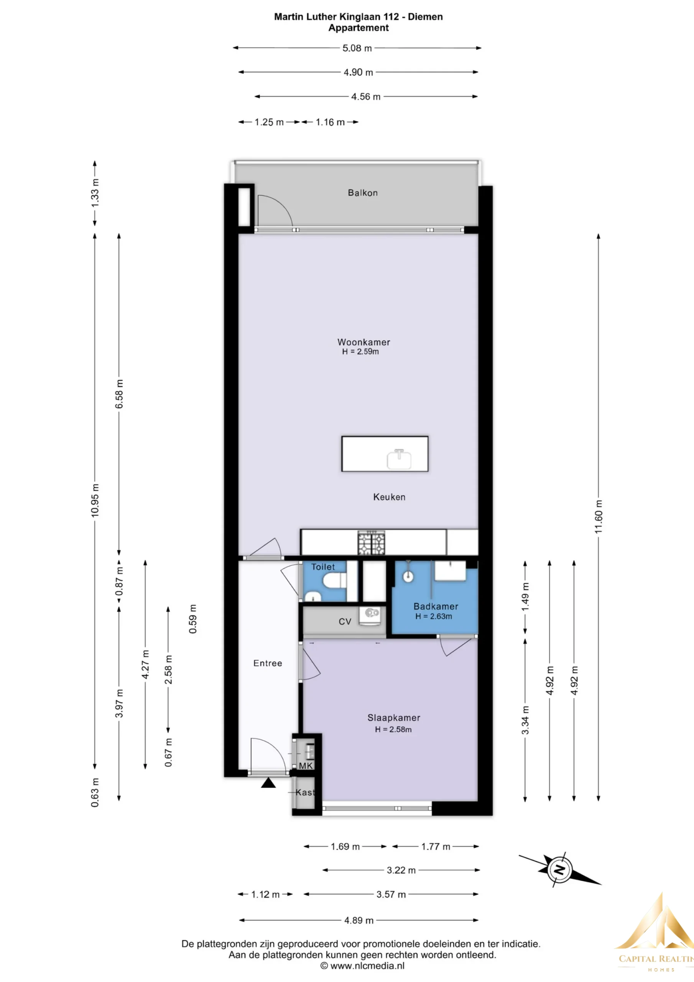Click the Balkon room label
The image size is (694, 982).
(363, 193)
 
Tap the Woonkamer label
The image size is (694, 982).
(363, 342)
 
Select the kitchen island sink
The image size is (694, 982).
(399, 459)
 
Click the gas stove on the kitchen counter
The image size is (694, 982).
(371, 542)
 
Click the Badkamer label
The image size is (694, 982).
(436, 606)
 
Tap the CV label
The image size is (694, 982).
(345, 621)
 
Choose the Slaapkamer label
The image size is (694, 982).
(394, 718)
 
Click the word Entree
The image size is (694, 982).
(268, 663)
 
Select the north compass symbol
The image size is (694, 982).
(559, 870)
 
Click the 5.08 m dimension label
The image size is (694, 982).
(357, 48)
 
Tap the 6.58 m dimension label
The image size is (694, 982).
(119, 394)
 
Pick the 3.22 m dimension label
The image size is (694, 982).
(401, 870)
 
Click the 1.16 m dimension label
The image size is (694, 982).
(330, 122)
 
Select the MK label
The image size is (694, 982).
(306, 766)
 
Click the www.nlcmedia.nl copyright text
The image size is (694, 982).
(362, 966)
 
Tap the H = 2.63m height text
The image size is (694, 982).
(434, 616)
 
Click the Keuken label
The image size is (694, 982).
(389, 497)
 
